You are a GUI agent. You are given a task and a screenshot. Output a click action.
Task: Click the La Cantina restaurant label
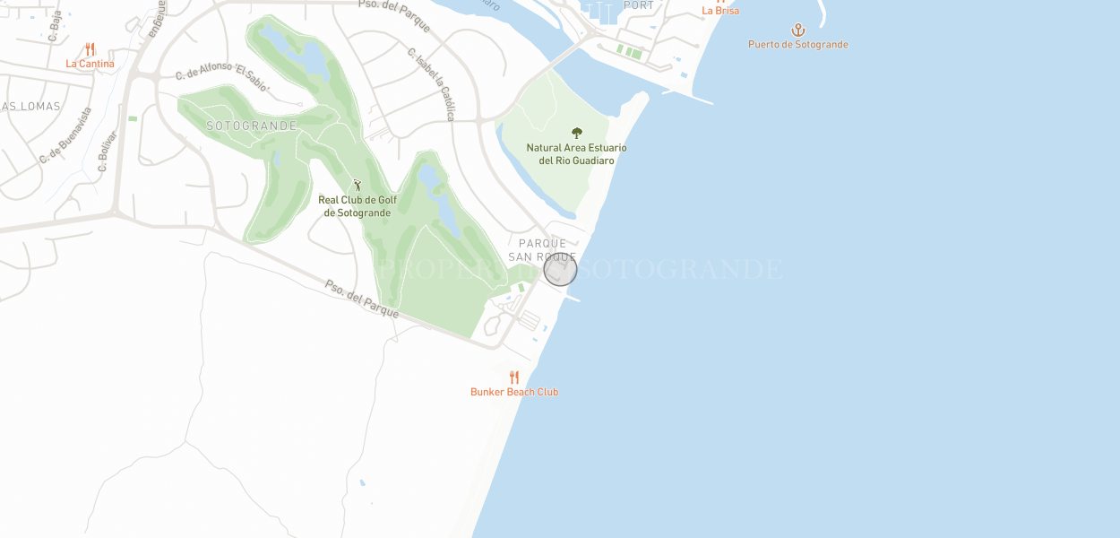coord(90,65)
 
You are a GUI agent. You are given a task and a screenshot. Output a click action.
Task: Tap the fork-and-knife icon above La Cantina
coord(90,49)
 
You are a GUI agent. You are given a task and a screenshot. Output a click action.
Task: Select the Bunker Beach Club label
coord(514,392)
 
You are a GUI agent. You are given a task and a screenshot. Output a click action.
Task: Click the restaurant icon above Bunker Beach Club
coord(514,377)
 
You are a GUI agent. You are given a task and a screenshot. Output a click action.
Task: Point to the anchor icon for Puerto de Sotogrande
coord(798,30)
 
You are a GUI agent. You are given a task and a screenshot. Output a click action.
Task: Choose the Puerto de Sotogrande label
coord(798,45)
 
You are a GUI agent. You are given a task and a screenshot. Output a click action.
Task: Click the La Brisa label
coord(720,11)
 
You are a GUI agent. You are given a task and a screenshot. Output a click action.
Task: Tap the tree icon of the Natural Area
coord(577,133)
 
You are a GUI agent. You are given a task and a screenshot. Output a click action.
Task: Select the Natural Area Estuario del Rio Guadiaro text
coord(576,154)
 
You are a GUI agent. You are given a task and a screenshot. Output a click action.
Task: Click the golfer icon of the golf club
coord(358,186)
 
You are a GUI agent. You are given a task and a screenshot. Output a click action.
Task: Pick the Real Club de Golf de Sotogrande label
coord(358,206)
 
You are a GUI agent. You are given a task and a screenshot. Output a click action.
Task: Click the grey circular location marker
coord(560,270)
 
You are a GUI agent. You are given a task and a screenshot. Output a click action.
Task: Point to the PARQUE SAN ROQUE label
coord(543,250)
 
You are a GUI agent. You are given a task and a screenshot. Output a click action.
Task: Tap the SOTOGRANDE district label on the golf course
coord(252,126)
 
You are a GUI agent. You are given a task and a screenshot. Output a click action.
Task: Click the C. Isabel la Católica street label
coord(432,84)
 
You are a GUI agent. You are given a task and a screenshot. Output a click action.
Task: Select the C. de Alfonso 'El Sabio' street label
coord(222,77)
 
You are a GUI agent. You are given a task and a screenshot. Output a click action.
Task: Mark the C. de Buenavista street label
coord(65,135)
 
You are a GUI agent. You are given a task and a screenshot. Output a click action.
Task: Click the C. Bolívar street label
coord(107,151)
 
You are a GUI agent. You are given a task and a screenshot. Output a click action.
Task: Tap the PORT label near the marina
coord(639,5)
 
